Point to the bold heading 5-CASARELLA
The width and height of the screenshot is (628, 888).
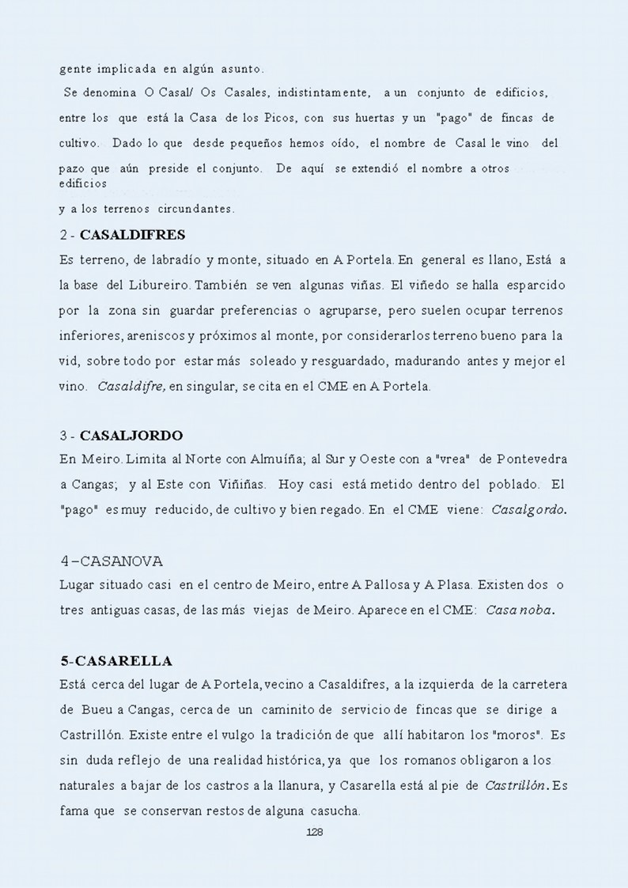[x=116, y=661]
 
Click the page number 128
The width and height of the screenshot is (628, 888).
[x=314, y=832]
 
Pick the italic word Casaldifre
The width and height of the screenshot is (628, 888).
[x=131, y=387]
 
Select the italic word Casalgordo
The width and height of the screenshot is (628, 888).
[x=528, y=510]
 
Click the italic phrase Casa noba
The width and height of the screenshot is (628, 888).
[x=520, y=610]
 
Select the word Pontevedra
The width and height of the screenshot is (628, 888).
[x=532, y=459]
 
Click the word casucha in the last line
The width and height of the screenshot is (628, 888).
[x=336, y=811]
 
